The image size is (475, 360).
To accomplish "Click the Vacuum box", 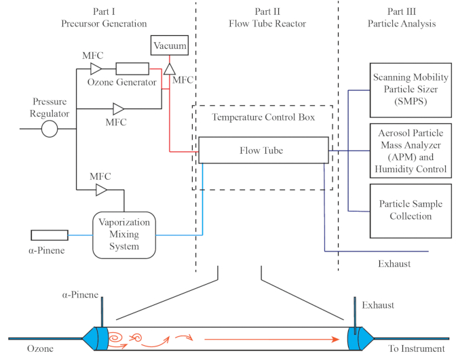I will (x=169, y=45).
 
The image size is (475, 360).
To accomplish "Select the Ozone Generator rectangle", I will (x=132, y=68).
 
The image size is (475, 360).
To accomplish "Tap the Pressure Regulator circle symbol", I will (x=50, y=129).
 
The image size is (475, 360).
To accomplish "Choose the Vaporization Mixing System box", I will (x=124, y=235).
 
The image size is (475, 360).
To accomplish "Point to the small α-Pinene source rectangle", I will (x=50, y=235).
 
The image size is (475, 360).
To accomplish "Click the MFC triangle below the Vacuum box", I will (x=170, y=69).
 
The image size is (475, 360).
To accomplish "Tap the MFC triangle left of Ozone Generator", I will (x=96, y=68).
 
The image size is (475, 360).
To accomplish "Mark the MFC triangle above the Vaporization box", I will (x=101, y=191).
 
